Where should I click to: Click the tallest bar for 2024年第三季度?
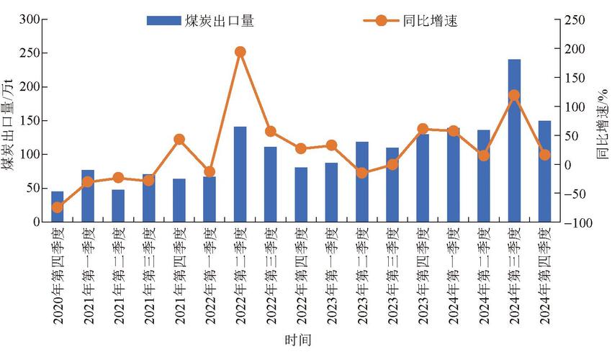pyautogui.click(x=514, y=140)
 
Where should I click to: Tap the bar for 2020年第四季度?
pyautogui.click(x=57, y=207)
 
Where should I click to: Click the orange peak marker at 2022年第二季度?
pyautogui.click(x=240, y=52)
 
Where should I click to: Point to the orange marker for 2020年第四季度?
pyautogui.click(x=57, y=207)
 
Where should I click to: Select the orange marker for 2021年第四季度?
pyautogui.click(x=179, y=140)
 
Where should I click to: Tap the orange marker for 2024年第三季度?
pyautogui.click(x=514, y=95)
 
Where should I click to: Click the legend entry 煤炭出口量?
pyautogui.click(x=202, y=21)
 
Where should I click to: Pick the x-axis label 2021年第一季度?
pyautogui.click(x=88, y=276)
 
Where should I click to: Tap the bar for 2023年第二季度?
pyautogui.click(x=362, y=182)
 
